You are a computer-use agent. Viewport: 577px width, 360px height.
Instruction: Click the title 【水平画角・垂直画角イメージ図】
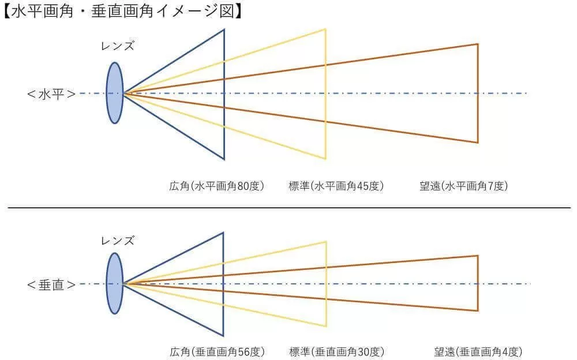tap(122, 11)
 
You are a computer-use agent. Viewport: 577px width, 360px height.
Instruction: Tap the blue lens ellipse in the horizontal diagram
tap(115, 93)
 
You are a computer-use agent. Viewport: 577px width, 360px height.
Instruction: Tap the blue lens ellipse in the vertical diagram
tap(114, 283)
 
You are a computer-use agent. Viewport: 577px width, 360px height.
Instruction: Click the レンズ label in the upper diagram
tap(118, 46)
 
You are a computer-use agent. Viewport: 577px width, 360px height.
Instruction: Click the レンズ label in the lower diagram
tap(118, 241)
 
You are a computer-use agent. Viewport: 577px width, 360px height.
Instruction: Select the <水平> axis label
tap(51, 94)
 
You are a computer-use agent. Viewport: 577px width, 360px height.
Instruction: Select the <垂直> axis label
tap(51, 285)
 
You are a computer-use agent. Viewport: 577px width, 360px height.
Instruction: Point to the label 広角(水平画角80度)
tap(217, 186)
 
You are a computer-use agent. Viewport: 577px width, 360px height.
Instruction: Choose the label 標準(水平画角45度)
tap(336, 186)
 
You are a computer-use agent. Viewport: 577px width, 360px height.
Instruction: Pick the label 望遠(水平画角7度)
tap(464, 186)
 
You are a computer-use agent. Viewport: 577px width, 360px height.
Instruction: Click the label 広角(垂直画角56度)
tap(217, 352)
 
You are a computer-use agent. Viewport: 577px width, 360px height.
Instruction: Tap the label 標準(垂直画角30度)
tap(337, 352)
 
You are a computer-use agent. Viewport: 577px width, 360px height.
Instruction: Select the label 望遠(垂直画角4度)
tap(478, 352)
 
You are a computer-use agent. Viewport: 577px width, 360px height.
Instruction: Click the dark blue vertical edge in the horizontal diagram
tap(224, 94)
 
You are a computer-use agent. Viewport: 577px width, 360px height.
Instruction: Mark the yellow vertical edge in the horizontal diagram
tap(325, 94)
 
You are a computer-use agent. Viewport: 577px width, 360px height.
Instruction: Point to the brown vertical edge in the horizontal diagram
tap(478, 93)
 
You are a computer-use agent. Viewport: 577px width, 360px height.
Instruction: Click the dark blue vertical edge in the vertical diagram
tap(223, 284)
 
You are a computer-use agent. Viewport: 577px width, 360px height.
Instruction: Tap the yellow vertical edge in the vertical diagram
tap(326, 284)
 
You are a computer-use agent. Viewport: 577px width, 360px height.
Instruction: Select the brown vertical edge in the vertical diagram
tap(478, 283)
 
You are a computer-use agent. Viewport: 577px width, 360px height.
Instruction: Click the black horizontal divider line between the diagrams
tap(289, 208)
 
